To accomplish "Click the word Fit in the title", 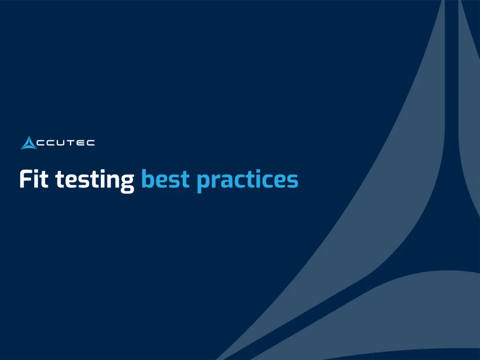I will [34, 180].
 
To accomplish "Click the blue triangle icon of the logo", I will [29, 142].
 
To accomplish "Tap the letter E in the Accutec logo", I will [80, 142].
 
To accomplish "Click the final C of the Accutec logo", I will [90, 142].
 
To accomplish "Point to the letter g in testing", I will [127, 183].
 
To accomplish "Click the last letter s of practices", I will [292, 181].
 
